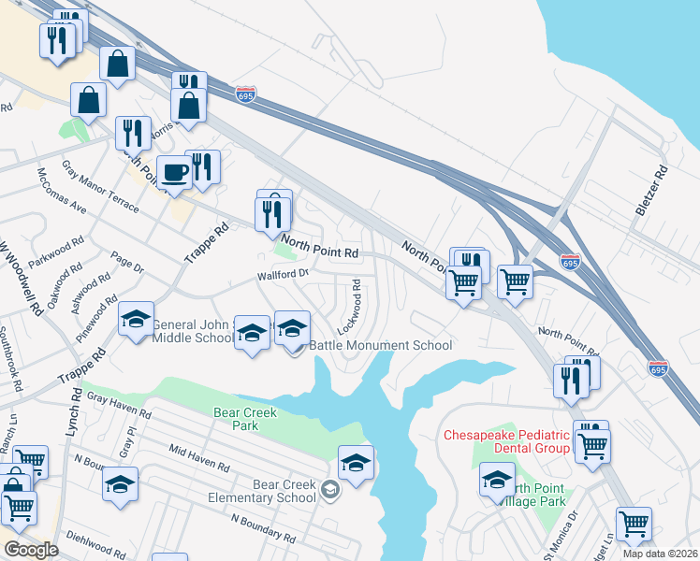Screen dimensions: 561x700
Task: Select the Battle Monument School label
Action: [393, 345]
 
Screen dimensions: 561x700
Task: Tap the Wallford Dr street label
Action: [284, 275]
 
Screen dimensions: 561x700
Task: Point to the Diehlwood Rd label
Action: [93, 546]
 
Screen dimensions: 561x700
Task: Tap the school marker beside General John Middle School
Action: [137, 320]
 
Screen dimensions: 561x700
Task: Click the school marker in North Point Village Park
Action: [497, 481]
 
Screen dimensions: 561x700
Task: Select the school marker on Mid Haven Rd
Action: [120, 484]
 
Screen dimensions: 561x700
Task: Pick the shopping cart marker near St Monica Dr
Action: [634, 524]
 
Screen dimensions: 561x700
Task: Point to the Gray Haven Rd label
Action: [120, 405]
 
